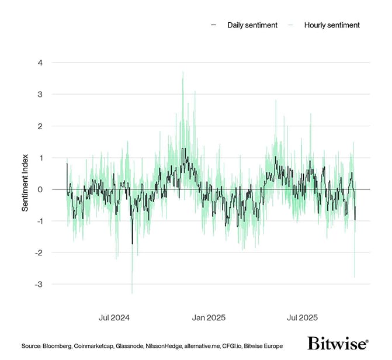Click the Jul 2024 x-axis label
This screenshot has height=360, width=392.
[114, 318]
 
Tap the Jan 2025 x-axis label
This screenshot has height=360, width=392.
[208, 318]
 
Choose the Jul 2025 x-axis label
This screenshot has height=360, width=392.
[301, 318]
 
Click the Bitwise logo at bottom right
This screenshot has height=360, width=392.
[338, 343]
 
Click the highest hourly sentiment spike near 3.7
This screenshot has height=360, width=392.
[183, 72]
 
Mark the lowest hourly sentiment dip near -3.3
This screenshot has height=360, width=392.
[132, 293]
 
